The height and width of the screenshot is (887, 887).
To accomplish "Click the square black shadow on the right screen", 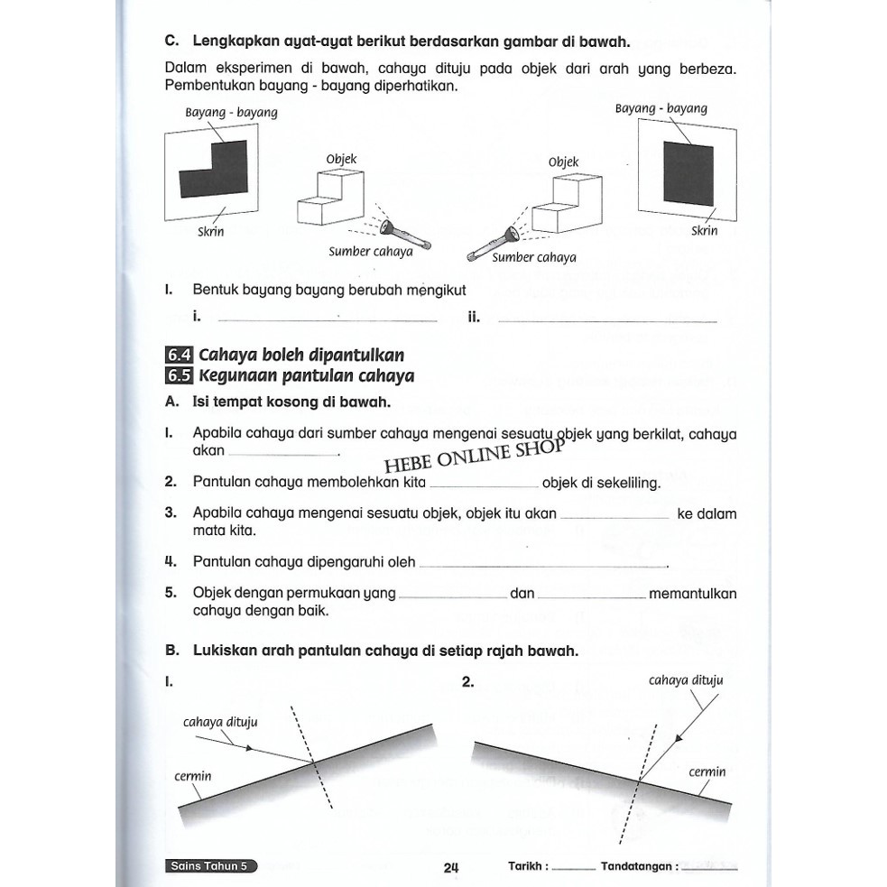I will click(x=688, y=172).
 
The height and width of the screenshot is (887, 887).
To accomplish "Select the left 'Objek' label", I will click(x=341, y=160).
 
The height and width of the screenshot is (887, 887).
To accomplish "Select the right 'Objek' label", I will click(x=563, y=162).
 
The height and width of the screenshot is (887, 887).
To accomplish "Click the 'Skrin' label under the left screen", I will click(x=210, y=232).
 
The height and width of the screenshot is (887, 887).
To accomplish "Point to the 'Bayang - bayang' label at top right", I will click(x=661, y=108).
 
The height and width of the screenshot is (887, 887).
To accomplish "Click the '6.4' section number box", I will click(x=179, y=355).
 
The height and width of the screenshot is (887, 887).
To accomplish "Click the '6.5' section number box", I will click(x=179, y=376).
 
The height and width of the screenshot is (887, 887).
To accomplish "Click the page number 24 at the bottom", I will click(x=452, y=868).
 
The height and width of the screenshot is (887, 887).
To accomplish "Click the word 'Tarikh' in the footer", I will click(x=526, y=866).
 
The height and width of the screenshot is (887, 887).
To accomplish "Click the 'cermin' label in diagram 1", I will click(x=193, y=776).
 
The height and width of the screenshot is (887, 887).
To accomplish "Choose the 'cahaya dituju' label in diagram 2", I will click(x=685, y=680).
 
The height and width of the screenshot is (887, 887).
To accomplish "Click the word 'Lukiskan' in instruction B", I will click(x=222, y=651).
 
